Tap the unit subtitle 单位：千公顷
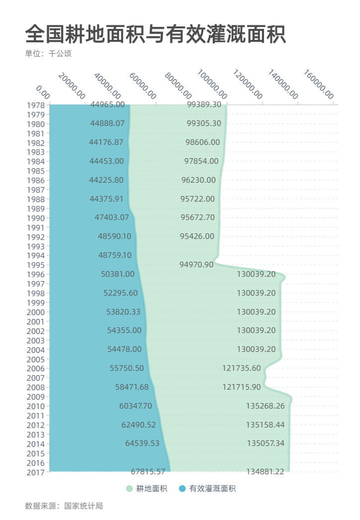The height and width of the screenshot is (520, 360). pos(48,54)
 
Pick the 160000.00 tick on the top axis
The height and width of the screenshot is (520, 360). pos(319,85)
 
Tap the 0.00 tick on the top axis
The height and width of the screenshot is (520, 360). pos(43,92)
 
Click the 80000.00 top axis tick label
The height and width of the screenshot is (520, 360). pos(178,85)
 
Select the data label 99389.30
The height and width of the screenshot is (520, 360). pos(204,104)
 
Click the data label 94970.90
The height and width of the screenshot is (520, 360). pos(196,265)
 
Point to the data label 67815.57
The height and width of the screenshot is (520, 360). pos(148,471)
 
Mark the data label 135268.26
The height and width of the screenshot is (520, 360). pos(265,406)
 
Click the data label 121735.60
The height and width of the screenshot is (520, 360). pos(242,368)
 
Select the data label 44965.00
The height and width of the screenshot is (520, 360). pos(107,104)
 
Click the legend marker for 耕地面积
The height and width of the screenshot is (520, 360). pos(129,489)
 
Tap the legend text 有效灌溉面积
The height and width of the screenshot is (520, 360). pos(212,489)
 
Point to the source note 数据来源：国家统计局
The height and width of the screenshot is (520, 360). pos(64,506)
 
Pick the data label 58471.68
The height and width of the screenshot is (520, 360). pos(132,387)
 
